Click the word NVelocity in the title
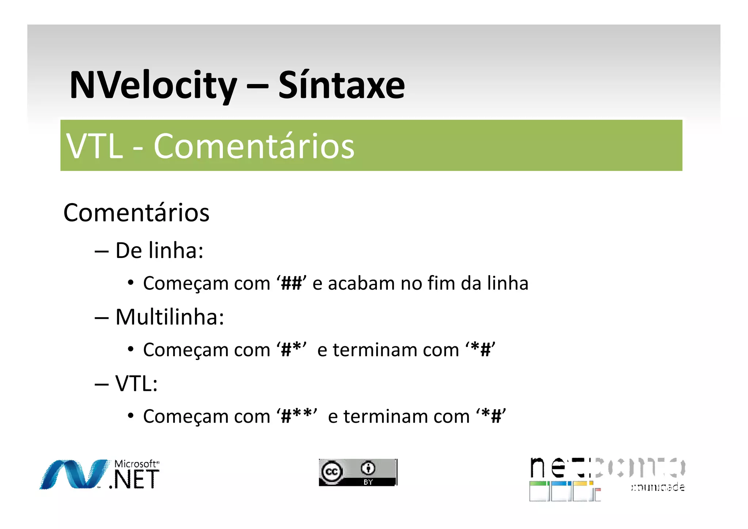153,85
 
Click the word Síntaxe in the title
341,85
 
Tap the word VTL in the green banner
95,146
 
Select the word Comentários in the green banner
254,146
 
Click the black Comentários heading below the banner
136,213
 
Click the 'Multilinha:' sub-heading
169,317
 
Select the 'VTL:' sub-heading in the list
136,384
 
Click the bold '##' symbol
291,283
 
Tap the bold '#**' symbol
297,416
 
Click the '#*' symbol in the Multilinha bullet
291,350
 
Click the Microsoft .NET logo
99,474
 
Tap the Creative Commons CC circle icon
332,472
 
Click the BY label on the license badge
368,482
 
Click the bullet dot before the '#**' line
130,416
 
